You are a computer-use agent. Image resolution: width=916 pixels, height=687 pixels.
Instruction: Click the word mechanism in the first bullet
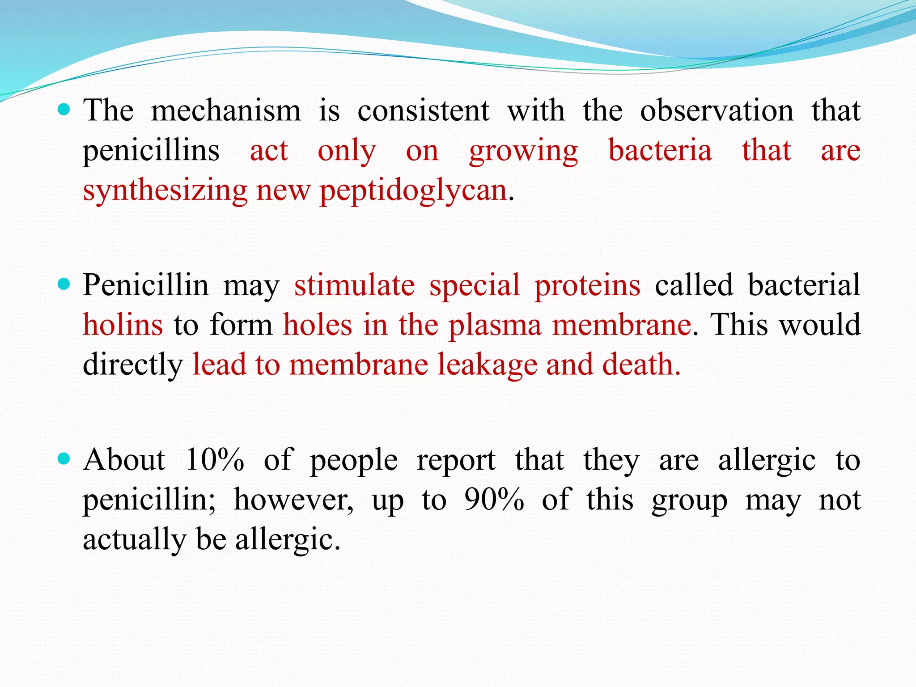click(226, 110)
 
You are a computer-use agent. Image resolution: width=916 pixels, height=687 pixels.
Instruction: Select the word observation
click(717, 110)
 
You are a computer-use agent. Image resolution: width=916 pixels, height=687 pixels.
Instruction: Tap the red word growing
click(523, 151)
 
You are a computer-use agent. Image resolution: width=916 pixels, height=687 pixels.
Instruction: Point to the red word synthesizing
click(165, 191)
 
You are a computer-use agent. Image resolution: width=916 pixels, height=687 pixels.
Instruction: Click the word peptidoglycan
click(413, 191)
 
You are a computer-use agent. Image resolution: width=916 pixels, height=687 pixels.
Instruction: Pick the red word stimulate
click(354, 285)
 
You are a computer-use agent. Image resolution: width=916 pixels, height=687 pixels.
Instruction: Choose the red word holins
click(123, 325)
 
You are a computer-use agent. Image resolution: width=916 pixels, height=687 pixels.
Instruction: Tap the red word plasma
click(495, 326)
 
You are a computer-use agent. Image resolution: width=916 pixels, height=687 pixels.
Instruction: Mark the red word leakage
click(487, 365)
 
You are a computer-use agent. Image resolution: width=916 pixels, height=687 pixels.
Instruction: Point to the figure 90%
click(494, 500)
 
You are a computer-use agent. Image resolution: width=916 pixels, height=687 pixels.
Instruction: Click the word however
click(293, 500)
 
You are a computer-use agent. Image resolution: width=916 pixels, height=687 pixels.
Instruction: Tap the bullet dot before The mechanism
click(64, 109)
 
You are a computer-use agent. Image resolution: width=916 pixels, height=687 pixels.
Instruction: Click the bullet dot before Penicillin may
click(64, 284)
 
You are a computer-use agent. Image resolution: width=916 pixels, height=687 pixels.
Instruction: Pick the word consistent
click(423, 110)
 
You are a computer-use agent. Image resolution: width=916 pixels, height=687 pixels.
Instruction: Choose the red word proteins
click(587, 285)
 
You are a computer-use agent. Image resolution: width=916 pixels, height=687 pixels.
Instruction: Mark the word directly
click(133, 365)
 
